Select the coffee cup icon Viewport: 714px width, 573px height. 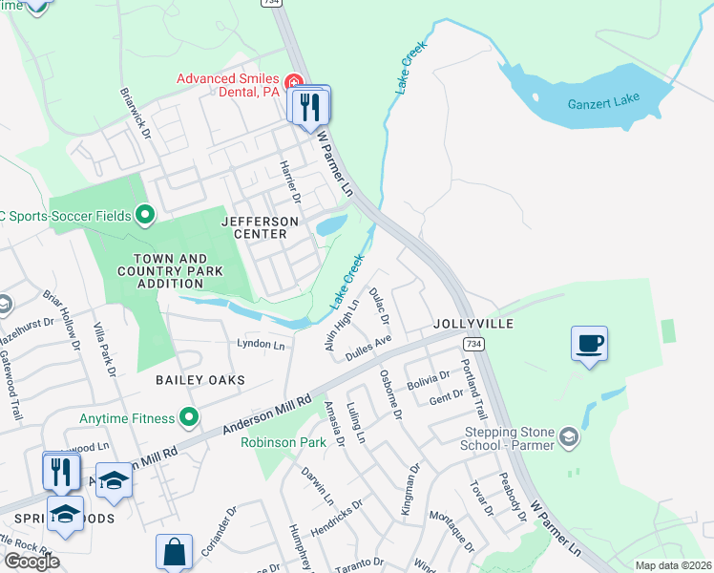(589, 343)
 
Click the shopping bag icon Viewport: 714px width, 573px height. (175, 552)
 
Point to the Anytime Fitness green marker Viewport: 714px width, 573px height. (189, 417)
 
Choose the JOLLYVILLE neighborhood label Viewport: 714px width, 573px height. (473, 324)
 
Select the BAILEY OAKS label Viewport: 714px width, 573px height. (200, 380)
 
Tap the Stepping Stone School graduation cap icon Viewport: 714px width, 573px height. (570, 436)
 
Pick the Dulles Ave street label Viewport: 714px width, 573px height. (368, 347)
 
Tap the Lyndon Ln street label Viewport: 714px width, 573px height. (261, 343)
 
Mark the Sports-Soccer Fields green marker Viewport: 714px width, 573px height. (145, 215)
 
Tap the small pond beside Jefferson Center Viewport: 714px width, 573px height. (330, 225)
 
